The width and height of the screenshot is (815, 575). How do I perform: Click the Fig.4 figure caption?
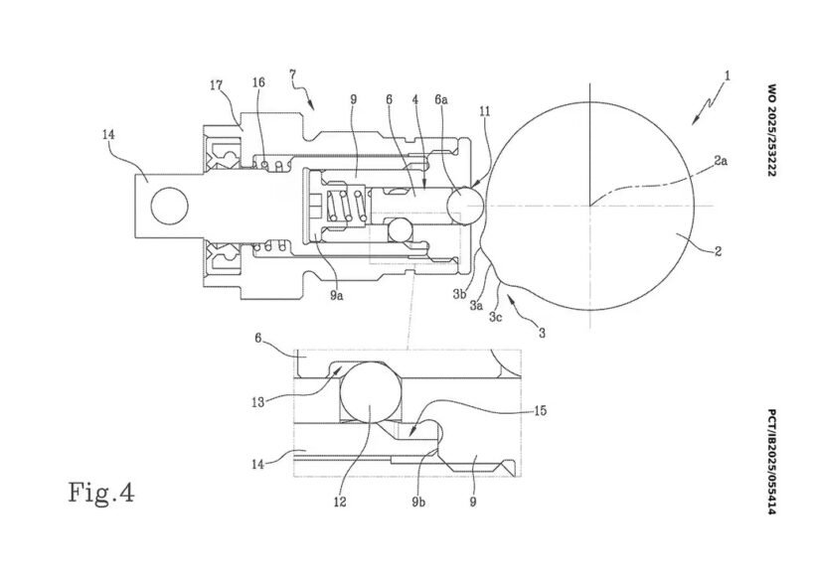[x=101, y=493]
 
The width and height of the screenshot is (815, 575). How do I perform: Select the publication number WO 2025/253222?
[x=771, y=130]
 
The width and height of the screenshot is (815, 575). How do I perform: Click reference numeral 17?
[x=218, y=85]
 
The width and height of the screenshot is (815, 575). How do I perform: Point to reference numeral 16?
[x=258, y=82]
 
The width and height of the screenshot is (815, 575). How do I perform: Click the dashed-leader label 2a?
[x=721, y=161]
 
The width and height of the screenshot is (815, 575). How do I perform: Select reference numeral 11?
[x=485, y=111]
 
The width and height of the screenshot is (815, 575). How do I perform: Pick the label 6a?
[x=440, y=99]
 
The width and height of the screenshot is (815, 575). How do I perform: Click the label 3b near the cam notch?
[x=459, y=295]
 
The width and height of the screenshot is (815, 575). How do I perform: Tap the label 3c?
[x=495, y=317]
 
